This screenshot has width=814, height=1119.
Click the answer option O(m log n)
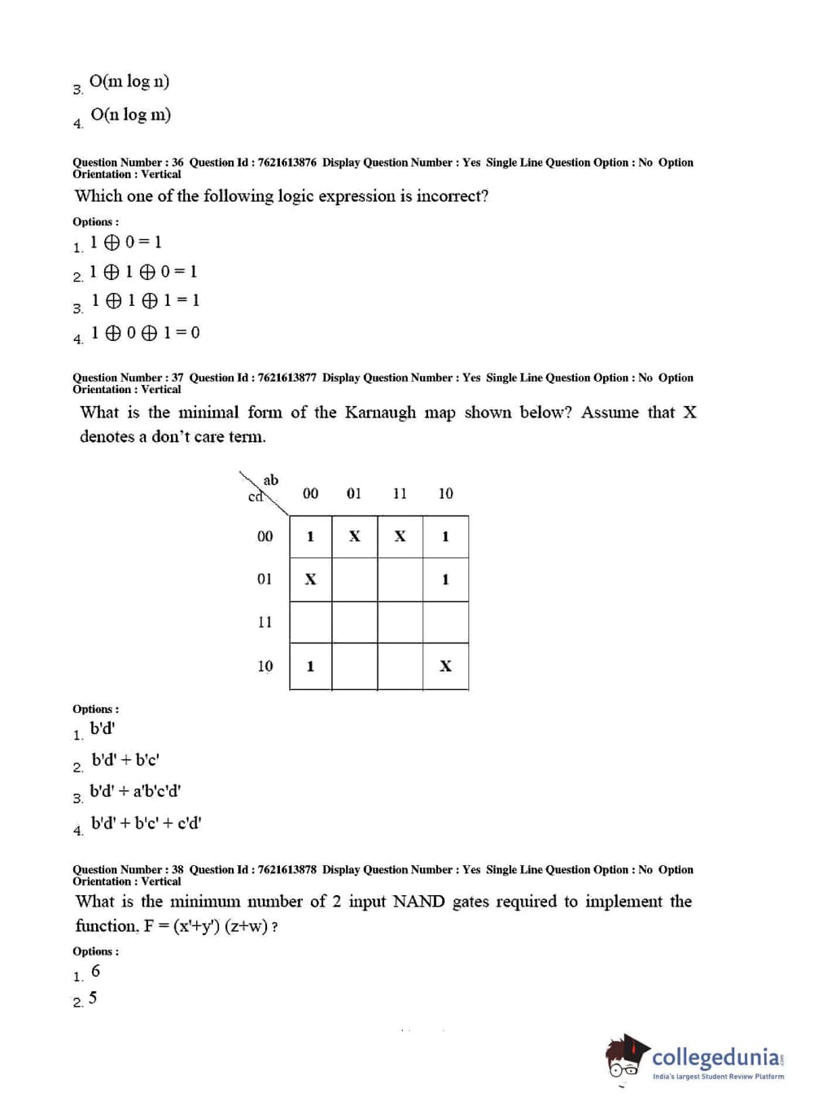click(129, 81)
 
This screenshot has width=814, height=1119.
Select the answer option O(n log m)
click(131, 115)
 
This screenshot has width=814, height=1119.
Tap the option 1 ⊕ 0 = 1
click(126, 243)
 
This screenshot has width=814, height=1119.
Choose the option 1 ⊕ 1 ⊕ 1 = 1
click(146, 300)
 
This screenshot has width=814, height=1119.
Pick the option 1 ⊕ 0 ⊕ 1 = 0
click(146, 333)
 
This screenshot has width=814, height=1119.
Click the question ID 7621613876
click(287, 163)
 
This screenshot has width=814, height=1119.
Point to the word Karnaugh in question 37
click(380, 413)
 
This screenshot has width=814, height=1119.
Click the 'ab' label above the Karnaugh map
click(271, 480)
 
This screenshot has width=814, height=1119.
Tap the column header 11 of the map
click(400, 493)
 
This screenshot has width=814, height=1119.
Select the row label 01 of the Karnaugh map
click(265, 579)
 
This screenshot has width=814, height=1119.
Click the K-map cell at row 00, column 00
click(310, 537)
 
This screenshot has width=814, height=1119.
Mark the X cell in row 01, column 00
click(310, 579)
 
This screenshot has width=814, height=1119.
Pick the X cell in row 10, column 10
click(445, 667)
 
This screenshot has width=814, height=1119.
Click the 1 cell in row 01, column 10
click(445, 579)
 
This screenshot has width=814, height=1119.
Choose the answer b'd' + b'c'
click(125, 760)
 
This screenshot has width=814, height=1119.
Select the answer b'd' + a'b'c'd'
click(135, 791)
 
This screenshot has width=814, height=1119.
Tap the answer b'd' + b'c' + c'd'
click(147, 824)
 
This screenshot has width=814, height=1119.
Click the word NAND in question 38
click(418, 902)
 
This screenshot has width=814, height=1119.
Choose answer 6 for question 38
click(95, 972)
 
